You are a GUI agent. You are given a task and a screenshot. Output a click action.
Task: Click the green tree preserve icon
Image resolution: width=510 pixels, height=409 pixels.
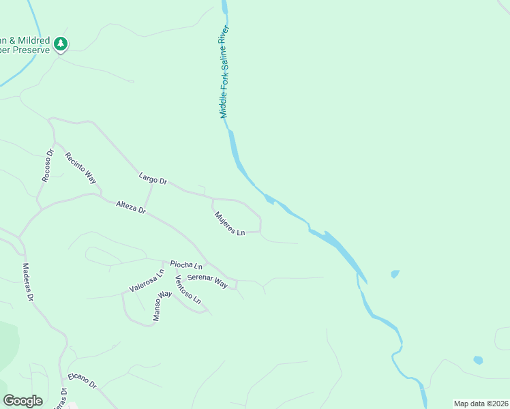61,44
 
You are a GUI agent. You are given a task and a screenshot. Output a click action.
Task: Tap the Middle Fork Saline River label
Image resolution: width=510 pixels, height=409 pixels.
226,72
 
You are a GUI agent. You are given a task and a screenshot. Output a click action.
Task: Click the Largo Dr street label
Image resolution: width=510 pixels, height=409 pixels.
153,179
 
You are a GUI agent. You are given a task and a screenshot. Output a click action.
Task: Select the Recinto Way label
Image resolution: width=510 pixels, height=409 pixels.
80,168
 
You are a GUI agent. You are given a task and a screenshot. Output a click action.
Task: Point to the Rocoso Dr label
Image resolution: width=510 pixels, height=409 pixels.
47,166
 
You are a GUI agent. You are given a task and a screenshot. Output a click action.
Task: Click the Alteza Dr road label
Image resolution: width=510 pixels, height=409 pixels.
131,207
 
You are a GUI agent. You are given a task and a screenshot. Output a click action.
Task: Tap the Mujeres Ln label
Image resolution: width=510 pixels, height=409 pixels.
230,224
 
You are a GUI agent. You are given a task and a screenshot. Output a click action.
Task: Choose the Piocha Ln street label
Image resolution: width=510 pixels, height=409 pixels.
186,264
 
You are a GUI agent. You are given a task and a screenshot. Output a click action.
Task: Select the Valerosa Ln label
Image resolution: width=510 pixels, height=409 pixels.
147,280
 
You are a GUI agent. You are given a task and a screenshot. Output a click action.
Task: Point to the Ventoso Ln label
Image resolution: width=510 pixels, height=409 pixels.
187,290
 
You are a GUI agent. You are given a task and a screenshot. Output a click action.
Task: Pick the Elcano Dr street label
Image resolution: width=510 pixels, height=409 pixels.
82,380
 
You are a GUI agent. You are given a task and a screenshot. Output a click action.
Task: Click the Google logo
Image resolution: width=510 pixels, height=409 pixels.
22,400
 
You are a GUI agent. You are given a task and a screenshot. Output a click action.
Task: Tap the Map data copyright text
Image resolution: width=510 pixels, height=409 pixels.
481,404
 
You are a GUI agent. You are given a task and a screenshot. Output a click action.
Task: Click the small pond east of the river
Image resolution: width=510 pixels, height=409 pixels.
395,274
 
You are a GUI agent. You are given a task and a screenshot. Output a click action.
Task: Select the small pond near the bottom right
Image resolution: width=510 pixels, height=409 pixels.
478,360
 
